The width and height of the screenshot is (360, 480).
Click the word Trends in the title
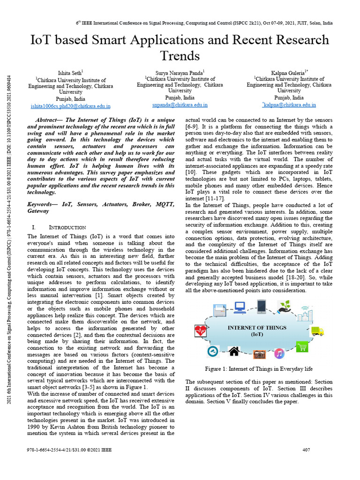(x=180, y=56)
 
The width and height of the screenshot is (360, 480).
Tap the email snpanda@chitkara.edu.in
(x=180, y=105)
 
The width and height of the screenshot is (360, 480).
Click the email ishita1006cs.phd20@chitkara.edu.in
(x=70, y=106)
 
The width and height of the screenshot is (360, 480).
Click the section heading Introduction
(x=68, y=227)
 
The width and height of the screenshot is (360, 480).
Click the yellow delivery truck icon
(x=318, y=331)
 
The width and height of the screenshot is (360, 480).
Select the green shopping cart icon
(x=302, y=347)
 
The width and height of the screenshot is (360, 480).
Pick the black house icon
(x=234, y=352)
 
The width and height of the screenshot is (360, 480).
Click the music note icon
(x=279, y=353)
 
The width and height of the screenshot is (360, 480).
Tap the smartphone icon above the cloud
(x=262, y=307)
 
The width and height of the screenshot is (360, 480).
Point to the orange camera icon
(x=259, y=354)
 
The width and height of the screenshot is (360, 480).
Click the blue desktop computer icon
(x=240, y=307)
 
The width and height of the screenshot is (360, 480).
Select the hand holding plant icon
(x=284, y=307)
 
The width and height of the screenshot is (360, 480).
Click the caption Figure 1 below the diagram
(x=259, y=369)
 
